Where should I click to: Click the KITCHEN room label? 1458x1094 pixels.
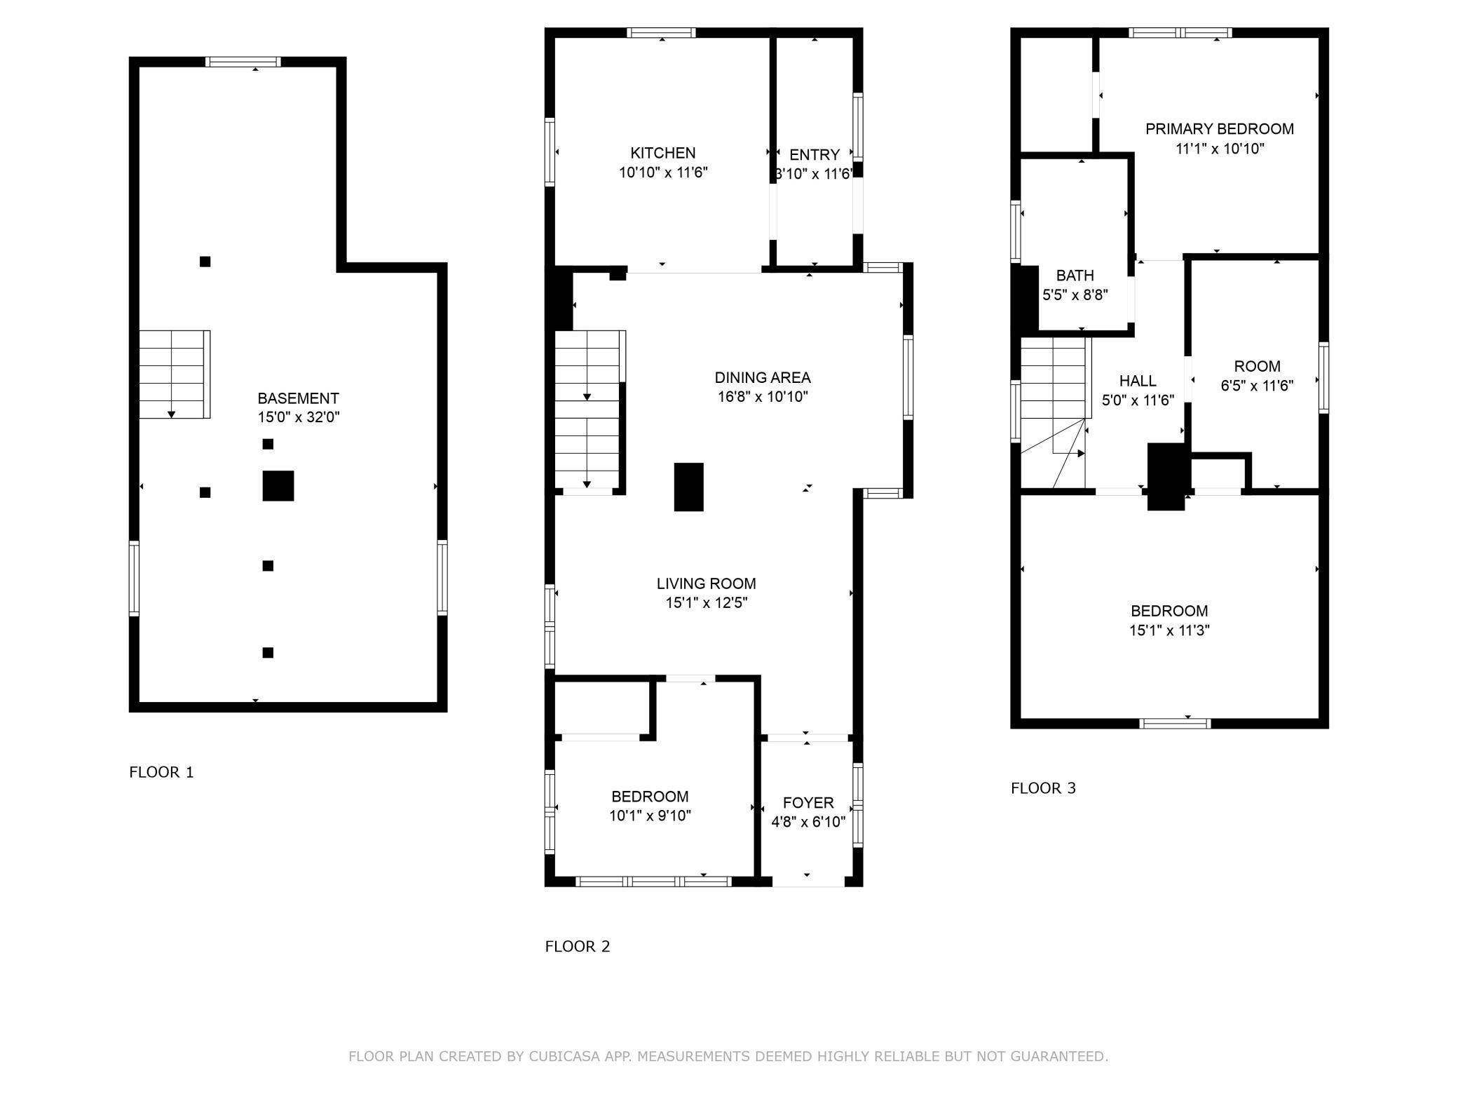click(663, 153)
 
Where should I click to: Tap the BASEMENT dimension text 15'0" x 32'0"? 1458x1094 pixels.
click(299, 417)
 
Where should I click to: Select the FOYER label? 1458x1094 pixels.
click(808, 803)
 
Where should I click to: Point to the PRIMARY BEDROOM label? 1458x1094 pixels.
click(1220, 129)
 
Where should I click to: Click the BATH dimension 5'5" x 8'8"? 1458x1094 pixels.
click(1075, 295)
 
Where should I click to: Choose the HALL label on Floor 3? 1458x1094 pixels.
click(1138, 381)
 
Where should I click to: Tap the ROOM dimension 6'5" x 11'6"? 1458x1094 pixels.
click(1258, 386)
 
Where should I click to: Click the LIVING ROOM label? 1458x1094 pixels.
click(707, 583)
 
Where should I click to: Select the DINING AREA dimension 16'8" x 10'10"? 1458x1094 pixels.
click(763, 397)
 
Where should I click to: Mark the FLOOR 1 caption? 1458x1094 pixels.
click(161, 772)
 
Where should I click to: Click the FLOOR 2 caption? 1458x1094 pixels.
click(578, 947)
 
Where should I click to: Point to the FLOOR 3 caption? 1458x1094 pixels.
click(1043, 788)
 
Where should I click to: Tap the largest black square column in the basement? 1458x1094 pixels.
click(278, 486)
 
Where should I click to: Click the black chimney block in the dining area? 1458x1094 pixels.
click(689, 487)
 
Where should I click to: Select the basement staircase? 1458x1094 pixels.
click(175, 374)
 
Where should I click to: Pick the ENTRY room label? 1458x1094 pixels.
click(815, 155)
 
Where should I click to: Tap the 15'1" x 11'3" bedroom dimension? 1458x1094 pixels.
click(1169, 630)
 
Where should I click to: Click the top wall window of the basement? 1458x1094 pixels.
click(243, 62)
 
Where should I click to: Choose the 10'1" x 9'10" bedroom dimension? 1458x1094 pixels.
click(650, 816)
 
